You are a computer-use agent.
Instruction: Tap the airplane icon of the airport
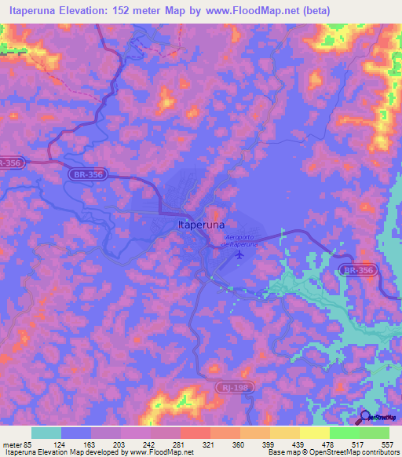(240, 253)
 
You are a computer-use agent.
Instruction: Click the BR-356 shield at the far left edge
(11, 163)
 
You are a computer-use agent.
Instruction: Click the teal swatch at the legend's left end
(46, 433)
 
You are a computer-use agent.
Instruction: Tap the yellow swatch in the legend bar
(314, 433)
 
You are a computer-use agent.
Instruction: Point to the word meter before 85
(13, 444)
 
